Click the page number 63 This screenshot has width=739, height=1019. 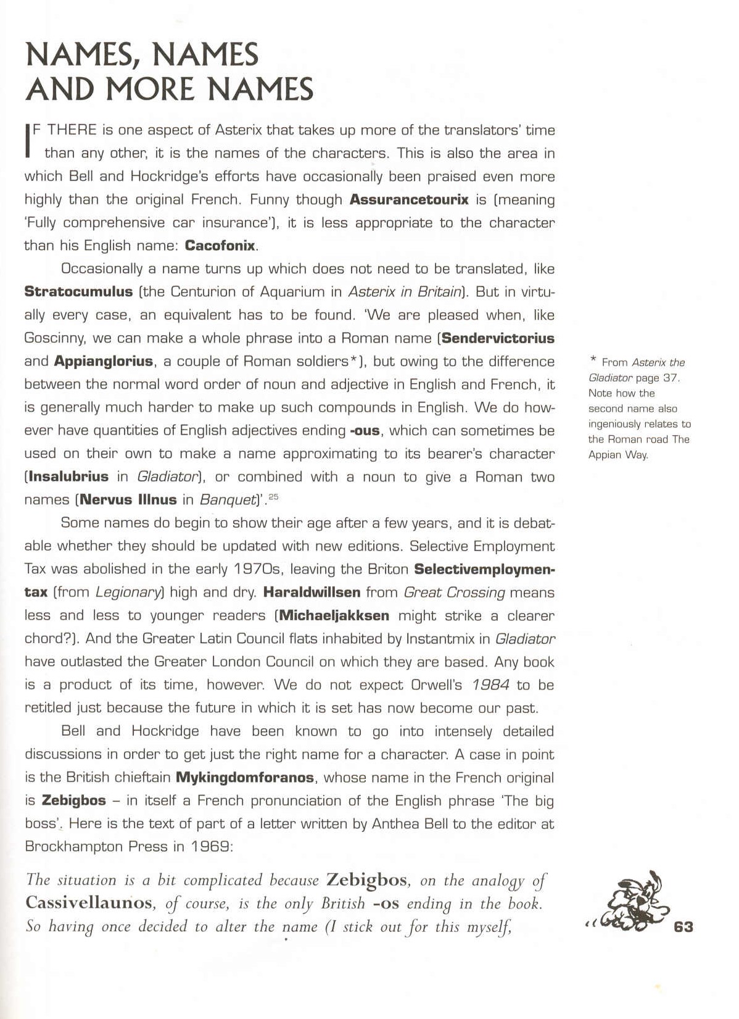(x=683, y=926)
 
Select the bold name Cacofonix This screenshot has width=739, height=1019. (x=220, y=246)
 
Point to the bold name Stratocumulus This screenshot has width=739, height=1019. (x=78, y=291)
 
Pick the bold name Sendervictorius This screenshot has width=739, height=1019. (x=498, y=338)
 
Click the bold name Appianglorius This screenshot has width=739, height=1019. (x=104, y=361)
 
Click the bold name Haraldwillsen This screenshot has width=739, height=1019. (x=312, y=593)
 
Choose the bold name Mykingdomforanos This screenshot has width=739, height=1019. (x=245, y=778)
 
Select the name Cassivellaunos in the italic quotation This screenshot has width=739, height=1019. (x=89, y=903)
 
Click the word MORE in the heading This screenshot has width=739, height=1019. (x=154, y=89)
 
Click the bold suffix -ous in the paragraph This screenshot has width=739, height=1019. (x=365, y=431)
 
